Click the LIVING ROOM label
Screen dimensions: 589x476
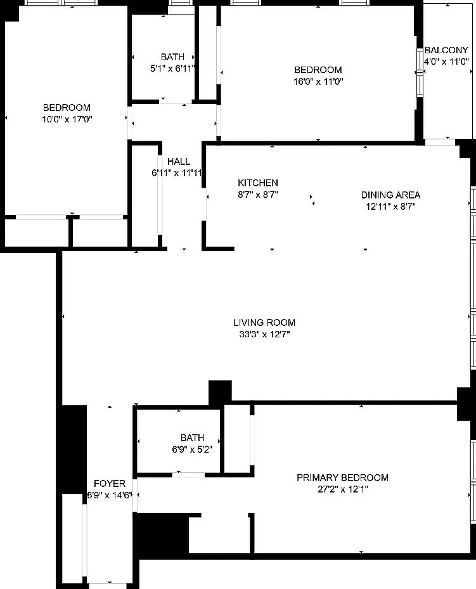[264, 322]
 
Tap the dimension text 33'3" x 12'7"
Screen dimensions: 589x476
[264, 333]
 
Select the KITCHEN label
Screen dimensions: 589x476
[257, 183]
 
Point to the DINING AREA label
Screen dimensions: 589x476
[390, 195]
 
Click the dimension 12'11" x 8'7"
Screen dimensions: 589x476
[390, 206]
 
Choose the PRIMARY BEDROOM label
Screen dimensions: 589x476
[342, 477]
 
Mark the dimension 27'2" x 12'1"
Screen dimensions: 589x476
[342, 489]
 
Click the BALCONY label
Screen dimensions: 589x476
[446, 50]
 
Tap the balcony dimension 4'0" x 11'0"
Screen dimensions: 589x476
[446, 61]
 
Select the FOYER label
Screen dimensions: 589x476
[110, 483]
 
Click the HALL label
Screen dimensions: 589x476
[178, 162]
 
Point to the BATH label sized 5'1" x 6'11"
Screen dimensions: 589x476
[172, 56]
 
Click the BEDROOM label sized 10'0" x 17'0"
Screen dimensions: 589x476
[67, 107]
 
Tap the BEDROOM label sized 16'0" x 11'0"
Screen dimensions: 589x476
[318, 70]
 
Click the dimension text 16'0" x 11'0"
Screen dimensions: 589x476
[318, 81]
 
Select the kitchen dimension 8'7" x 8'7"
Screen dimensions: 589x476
[257, 195]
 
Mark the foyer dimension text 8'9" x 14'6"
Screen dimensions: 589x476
[110, 495]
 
